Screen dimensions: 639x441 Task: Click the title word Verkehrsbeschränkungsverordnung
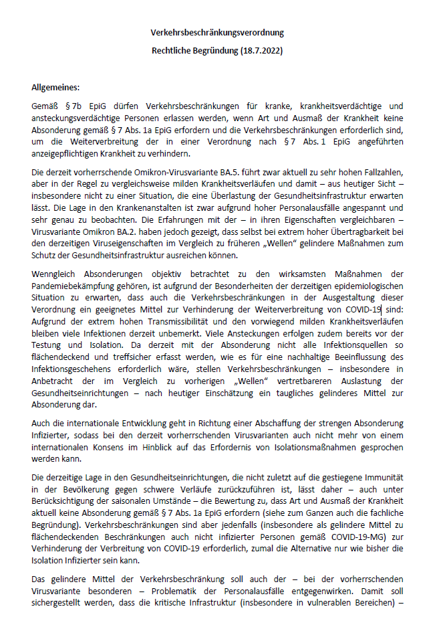tap(217, 32)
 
